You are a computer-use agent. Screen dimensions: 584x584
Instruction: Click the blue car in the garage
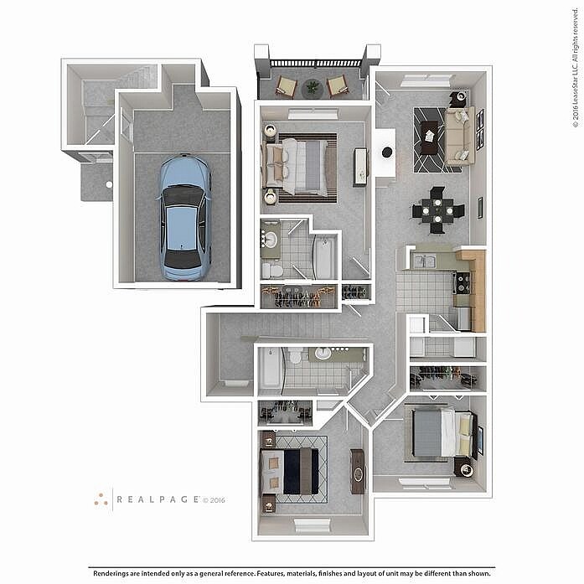click(x=185, y=218)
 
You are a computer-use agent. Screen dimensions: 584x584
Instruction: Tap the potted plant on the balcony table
click(x=313, y=87)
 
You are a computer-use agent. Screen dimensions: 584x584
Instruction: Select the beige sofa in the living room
click(x=460, y=136)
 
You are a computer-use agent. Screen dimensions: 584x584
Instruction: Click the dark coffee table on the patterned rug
click(x=430, y=137)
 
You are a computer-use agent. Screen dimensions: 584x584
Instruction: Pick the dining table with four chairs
click(x=437, y=210)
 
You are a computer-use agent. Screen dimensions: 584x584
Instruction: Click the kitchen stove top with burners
click(x=463, y=283)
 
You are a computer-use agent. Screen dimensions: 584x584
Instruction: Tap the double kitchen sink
click(x=425, y=261)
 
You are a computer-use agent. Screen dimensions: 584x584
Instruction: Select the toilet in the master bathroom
click(x=272, y=271)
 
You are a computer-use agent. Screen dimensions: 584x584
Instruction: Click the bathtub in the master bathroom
click(x=324, y=257)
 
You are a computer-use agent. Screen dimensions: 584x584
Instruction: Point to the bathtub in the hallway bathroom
click(x=269, y=368)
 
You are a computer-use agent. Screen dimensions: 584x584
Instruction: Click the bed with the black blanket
click(x=290, y=471)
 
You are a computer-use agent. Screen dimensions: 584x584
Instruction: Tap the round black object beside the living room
click(x=387, y=152)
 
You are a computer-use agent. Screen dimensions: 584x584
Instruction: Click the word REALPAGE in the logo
click(x=158, y=499)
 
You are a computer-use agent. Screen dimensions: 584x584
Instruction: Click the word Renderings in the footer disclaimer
click(x=111, y=573)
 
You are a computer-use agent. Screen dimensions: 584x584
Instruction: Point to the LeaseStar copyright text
click(x=576, y=68)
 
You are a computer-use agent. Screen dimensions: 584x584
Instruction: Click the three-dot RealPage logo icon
click(x=101, y=499)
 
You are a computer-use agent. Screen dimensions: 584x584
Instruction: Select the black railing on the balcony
click(x=316, y=63)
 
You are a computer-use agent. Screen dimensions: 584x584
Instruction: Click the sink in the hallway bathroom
click(x=323, y=354)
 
